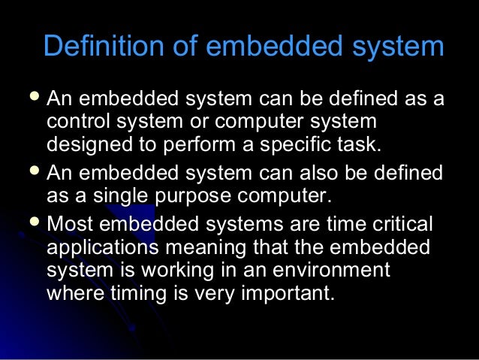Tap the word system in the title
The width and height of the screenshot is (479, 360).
point(402,46)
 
